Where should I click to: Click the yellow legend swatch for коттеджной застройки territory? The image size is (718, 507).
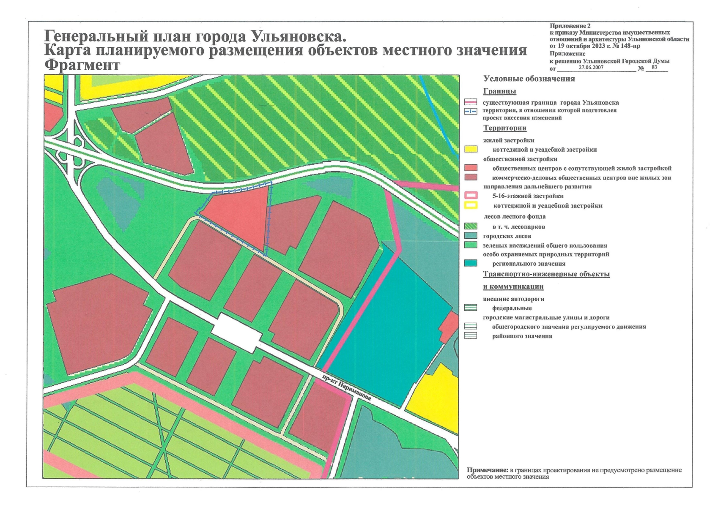471,149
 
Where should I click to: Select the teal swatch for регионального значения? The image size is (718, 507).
471,263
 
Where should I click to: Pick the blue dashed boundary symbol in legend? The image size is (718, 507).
471,111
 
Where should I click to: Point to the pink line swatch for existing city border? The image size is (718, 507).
471,102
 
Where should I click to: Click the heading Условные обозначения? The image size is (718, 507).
529,79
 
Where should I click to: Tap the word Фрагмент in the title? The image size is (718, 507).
82,65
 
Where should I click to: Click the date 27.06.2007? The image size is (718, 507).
591,68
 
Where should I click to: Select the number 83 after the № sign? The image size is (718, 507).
655,67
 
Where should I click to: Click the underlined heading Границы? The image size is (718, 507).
499,91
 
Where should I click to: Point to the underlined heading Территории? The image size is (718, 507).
504,128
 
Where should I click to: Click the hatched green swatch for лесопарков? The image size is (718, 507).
471,226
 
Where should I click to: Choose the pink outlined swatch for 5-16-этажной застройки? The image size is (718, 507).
471,196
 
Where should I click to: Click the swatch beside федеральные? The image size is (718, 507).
471,308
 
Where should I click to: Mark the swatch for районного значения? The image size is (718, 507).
471,336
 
